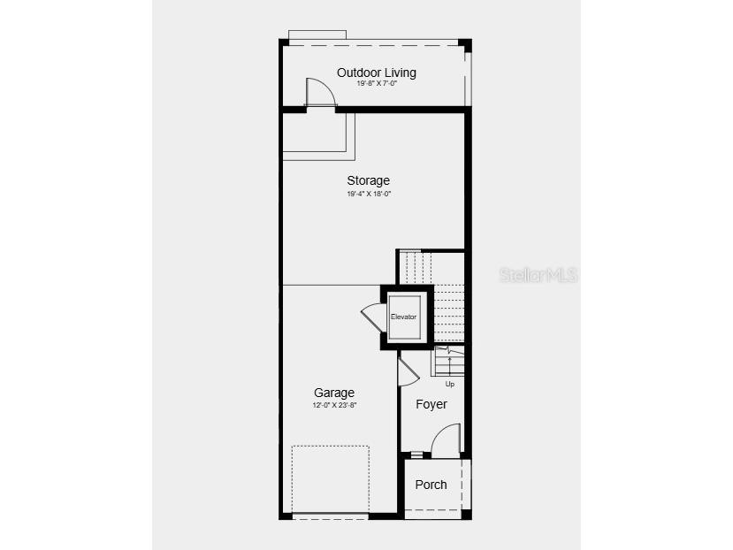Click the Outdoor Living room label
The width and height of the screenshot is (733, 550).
pos(376,73)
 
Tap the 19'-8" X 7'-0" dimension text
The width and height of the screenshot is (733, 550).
pos(377,84)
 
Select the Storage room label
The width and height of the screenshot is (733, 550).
pos(368,180)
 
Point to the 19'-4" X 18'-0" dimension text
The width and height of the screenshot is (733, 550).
pos(369,193)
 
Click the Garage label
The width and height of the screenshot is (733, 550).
pos(334,393)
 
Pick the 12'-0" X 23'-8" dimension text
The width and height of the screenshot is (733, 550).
pos(334,405)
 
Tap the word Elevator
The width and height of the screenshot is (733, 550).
pos(403,317)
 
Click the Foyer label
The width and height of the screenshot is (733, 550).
pos(431,404)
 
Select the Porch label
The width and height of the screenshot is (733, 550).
pos(431,485)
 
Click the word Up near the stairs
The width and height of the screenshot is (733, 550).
pos(449,384)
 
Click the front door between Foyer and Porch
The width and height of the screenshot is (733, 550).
pos(446,440)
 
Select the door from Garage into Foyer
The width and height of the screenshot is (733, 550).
pos(407,370)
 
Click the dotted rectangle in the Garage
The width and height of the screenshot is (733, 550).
pos(330,478)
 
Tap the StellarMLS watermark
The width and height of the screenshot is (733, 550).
pos(538,275)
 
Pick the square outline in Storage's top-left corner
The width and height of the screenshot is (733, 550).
pos(318,135)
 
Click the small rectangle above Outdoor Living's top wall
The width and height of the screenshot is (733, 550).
pos(317,34)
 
